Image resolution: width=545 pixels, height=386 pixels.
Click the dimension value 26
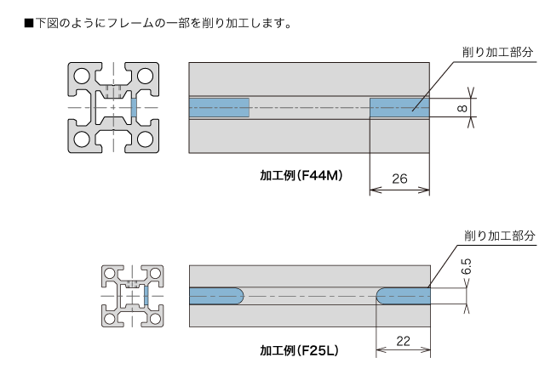click(x=399, y=179)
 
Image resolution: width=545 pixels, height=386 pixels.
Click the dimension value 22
click(x=403, y=341)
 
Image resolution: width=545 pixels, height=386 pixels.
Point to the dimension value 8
click(x=462, y=108)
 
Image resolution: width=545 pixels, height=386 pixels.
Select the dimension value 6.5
click(x=467, y=266)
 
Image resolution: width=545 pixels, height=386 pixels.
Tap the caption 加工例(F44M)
click(x=301, y=175)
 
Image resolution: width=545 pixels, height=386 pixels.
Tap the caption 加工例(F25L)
click(x=299, y=350)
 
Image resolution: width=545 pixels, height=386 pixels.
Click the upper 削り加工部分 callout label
click(x=497, y=52)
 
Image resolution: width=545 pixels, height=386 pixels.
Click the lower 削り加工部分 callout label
click(x=500, y=236)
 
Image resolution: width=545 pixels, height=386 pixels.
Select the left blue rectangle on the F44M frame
click(x=219, y=108)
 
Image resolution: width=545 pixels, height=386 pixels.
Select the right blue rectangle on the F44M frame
click(x=399, y=108)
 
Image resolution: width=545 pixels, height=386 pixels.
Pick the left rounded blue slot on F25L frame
click(x=216, y=296)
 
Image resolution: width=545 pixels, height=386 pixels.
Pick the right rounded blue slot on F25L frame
click(x=404, y=296)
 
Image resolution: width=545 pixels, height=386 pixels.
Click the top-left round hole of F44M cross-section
click(x=82, y=76)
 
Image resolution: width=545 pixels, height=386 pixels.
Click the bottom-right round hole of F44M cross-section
click(x=145, y=139)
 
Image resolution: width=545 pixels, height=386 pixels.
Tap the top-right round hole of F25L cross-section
click(x=155, y=274)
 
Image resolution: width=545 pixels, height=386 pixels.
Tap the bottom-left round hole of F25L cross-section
click(x=110, y=319)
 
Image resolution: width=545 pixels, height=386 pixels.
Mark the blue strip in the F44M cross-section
click(x=134, y=108)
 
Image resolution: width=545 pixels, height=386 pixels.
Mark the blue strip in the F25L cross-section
click(x=146, y=296)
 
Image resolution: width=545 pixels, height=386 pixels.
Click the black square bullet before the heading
click(x=29, y=24)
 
